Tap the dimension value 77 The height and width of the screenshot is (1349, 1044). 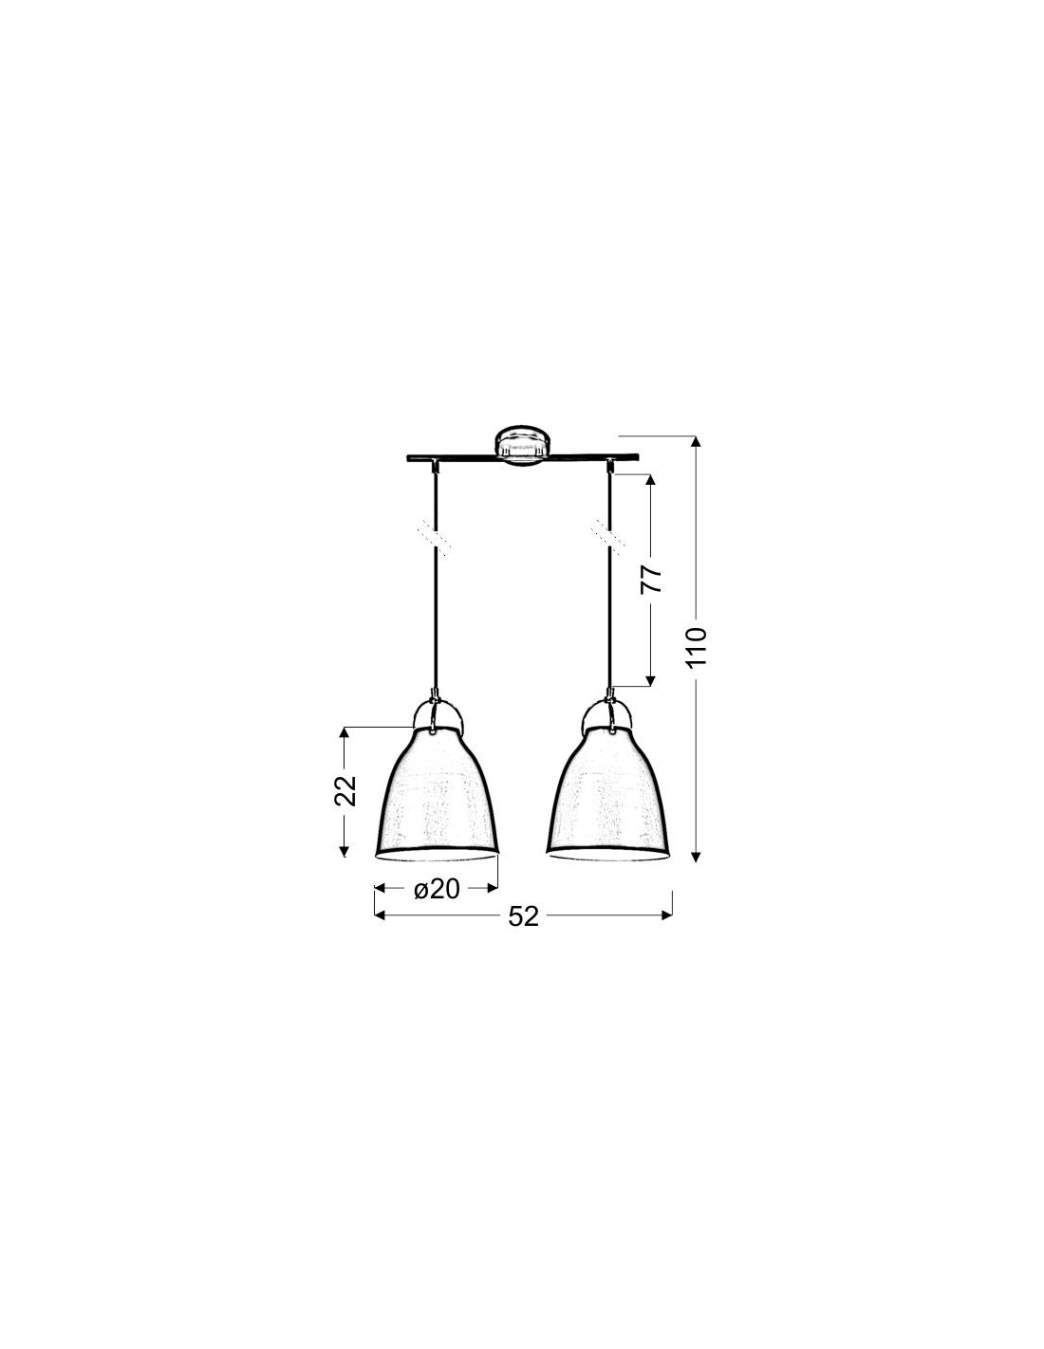coord(651,579)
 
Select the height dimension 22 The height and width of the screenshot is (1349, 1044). coord(345,790)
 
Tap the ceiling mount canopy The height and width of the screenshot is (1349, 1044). coord(522,445)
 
